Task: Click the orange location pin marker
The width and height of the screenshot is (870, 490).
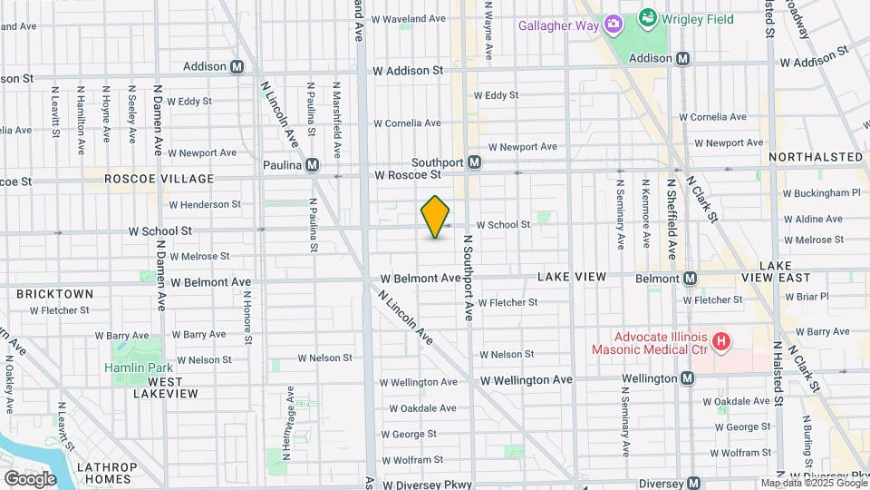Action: [x=436, y=217]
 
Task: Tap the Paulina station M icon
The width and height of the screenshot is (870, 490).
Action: [x=312, y=165]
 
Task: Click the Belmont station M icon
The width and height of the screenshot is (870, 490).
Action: [x=690, y=279]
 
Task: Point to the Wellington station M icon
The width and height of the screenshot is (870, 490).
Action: [x=688, y=378]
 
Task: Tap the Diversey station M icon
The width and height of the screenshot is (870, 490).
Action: [x=694, y=484]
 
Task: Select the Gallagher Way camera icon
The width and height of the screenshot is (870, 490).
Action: [x=613, y=24]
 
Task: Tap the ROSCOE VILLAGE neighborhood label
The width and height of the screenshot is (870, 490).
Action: [x=159, y=179]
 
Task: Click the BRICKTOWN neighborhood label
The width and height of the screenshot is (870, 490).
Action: [x=53, y=294]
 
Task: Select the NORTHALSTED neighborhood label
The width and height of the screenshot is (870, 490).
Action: [x=816, y=157]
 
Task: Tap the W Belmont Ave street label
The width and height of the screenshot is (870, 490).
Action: [x=214, y=282]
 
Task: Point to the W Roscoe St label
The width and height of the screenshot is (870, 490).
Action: [x=407, y=174]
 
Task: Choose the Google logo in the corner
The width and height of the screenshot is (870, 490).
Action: [x=30, y=478]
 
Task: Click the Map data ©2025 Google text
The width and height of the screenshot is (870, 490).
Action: [x=813, y=483]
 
